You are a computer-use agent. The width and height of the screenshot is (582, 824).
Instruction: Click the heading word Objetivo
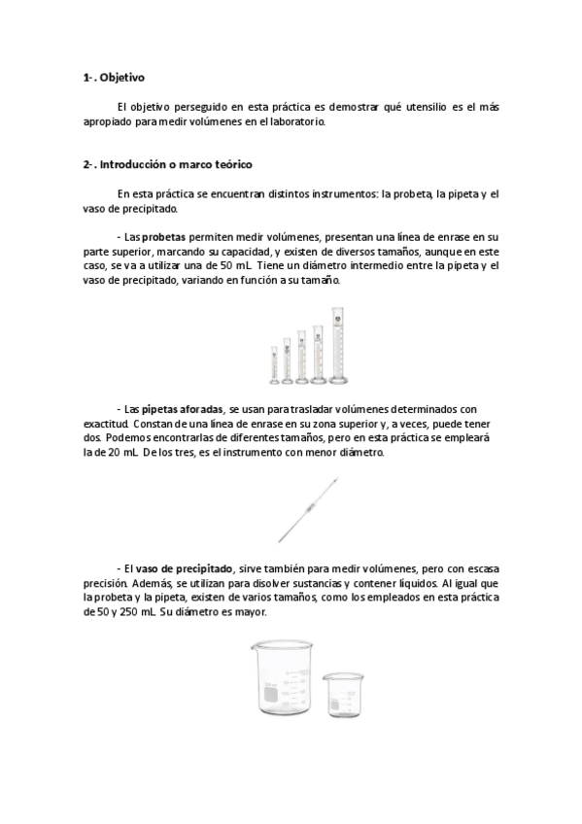[122, 77]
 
